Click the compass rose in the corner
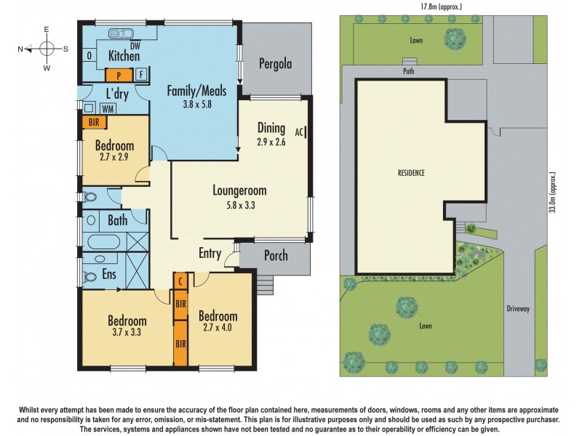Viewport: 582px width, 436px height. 46,49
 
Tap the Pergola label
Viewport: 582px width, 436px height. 276,64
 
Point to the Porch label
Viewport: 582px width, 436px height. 275,256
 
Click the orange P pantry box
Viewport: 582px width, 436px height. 118,74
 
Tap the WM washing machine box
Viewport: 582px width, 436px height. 108,108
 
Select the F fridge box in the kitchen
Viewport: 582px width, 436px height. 140,74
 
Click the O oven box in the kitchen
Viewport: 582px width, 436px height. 89,56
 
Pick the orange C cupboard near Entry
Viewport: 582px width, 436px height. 180,280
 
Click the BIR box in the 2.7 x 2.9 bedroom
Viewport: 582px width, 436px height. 93,123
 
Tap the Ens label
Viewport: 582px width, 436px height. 109,275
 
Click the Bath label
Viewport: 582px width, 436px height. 117,220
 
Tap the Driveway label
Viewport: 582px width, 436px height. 518,308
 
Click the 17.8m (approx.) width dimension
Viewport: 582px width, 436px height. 441,7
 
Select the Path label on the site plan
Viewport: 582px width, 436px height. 410,71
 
